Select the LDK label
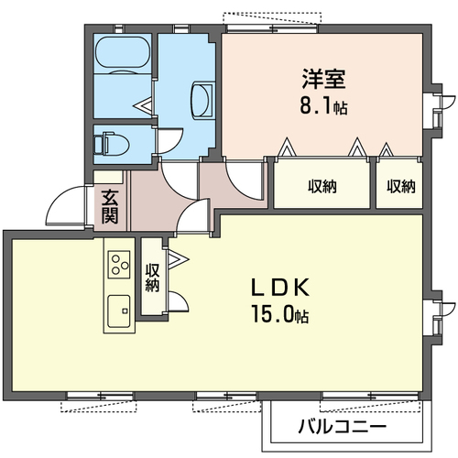281,287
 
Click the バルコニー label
341,428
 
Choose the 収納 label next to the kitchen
152,278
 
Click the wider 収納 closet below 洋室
322,187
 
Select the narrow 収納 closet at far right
400,187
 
